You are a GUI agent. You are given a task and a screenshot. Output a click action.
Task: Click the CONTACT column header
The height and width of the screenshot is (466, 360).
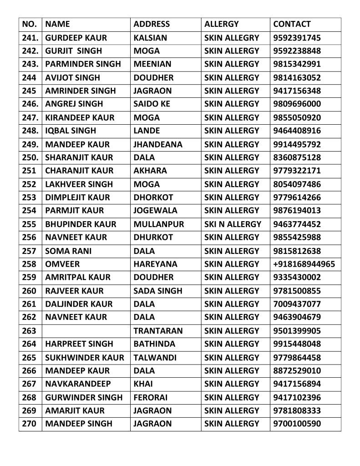tap(292, 24)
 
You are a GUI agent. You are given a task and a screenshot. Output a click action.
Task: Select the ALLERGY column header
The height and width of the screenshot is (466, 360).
tap(221, 24)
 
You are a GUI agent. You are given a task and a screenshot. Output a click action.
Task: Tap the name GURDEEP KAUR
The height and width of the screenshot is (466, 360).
tap(73, 38)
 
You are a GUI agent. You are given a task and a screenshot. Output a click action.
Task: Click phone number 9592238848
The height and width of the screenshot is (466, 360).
tap(297, 51)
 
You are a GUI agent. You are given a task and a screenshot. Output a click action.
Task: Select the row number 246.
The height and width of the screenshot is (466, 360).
tap(30, 104)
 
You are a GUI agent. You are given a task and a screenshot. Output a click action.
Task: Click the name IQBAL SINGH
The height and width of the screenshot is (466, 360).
tap(71, 131)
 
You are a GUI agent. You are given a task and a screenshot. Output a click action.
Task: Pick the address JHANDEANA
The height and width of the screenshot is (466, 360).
tap(158, 144)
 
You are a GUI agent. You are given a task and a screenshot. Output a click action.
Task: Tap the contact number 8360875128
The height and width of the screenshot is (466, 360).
tap(297, 157)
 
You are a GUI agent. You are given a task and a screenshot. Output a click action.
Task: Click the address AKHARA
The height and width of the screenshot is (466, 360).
tap(150, 171)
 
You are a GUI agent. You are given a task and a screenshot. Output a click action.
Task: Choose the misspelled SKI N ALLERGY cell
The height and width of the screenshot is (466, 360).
tap(233, 224)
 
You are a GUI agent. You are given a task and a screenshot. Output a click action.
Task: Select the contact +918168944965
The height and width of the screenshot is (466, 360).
tap(304, 264)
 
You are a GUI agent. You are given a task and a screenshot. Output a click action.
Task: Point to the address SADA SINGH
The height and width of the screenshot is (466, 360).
tap(158, 291)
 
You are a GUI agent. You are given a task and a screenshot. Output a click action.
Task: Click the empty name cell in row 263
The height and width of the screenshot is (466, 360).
tap(86, 330)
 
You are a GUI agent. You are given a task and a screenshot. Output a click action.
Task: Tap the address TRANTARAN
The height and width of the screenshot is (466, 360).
tap(158, 331)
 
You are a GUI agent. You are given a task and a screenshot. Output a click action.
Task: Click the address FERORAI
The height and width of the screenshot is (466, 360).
tap(151, 397)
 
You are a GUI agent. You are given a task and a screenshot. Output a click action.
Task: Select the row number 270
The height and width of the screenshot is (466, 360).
tap(29, 424)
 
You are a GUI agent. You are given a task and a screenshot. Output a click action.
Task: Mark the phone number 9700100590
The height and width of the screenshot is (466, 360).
tap(297, 424)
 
